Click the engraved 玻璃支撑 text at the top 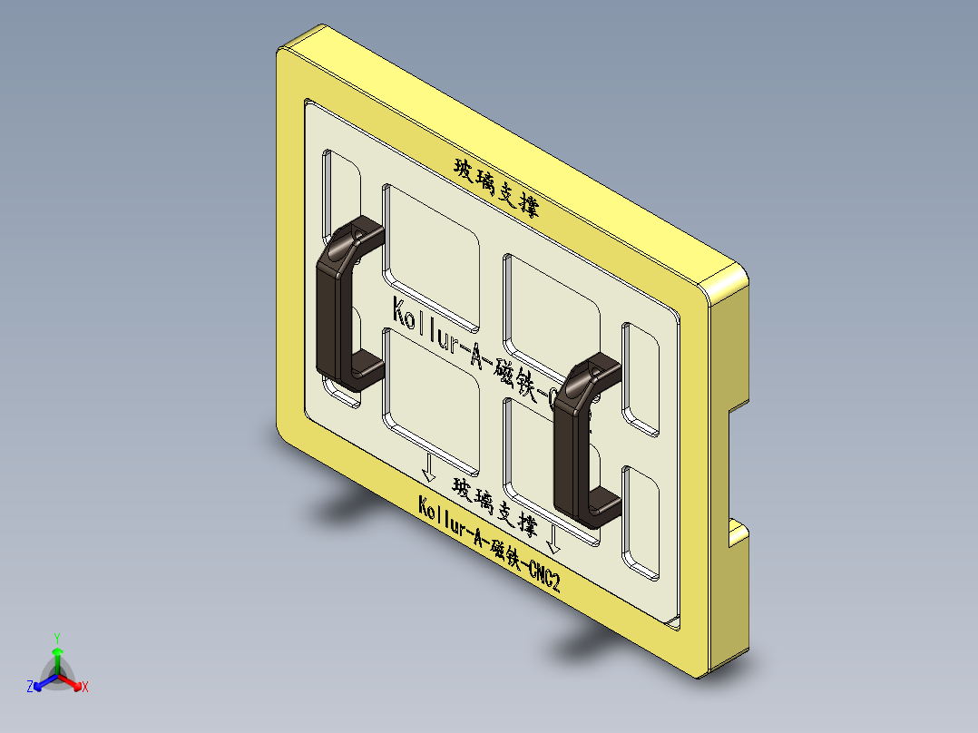click(496, 188)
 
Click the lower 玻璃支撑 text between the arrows click(495, 505)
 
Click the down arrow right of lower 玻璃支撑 click(554, 542)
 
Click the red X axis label click(85, 688)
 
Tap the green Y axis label click(57, 637)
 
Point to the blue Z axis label click(30, 688)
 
